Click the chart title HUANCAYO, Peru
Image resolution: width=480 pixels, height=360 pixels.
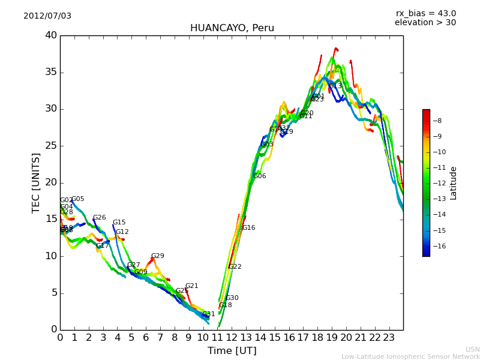point(232,28)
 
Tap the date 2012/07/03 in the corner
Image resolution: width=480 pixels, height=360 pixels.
point(47,16)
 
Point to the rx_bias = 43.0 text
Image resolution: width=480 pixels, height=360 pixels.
point(425,13)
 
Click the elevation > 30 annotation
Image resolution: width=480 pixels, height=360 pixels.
point(425,23)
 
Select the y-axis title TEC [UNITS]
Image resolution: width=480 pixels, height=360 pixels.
point(36,182)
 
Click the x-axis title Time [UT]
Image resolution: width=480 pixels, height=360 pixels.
point(232,350)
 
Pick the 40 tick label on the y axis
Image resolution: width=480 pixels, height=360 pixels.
point(50,35)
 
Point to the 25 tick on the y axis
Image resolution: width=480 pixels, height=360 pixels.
point(50,146)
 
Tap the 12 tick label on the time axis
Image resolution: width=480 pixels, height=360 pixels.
point(232,338)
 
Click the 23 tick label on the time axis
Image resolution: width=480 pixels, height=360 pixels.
point(389,338)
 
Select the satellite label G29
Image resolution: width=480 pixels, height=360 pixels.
point(157,256)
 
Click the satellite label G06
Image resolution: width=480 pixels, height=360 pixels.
point(260,176)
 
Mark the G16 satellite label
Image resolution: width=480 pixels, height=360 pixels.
point(248,228)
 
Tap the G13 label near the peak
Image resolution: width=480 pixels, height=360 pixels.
point(335,86)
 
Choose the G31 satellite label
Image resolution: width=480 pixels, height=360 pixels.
point(208,314)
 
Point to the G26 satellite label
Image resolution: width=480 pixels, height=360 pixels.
point(99,218)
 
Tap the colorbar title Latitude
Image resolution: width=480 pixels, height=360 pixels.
point(454,183)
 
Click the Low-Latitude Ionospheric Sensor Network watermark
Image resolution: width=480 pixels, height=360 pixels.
point(410,356)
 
